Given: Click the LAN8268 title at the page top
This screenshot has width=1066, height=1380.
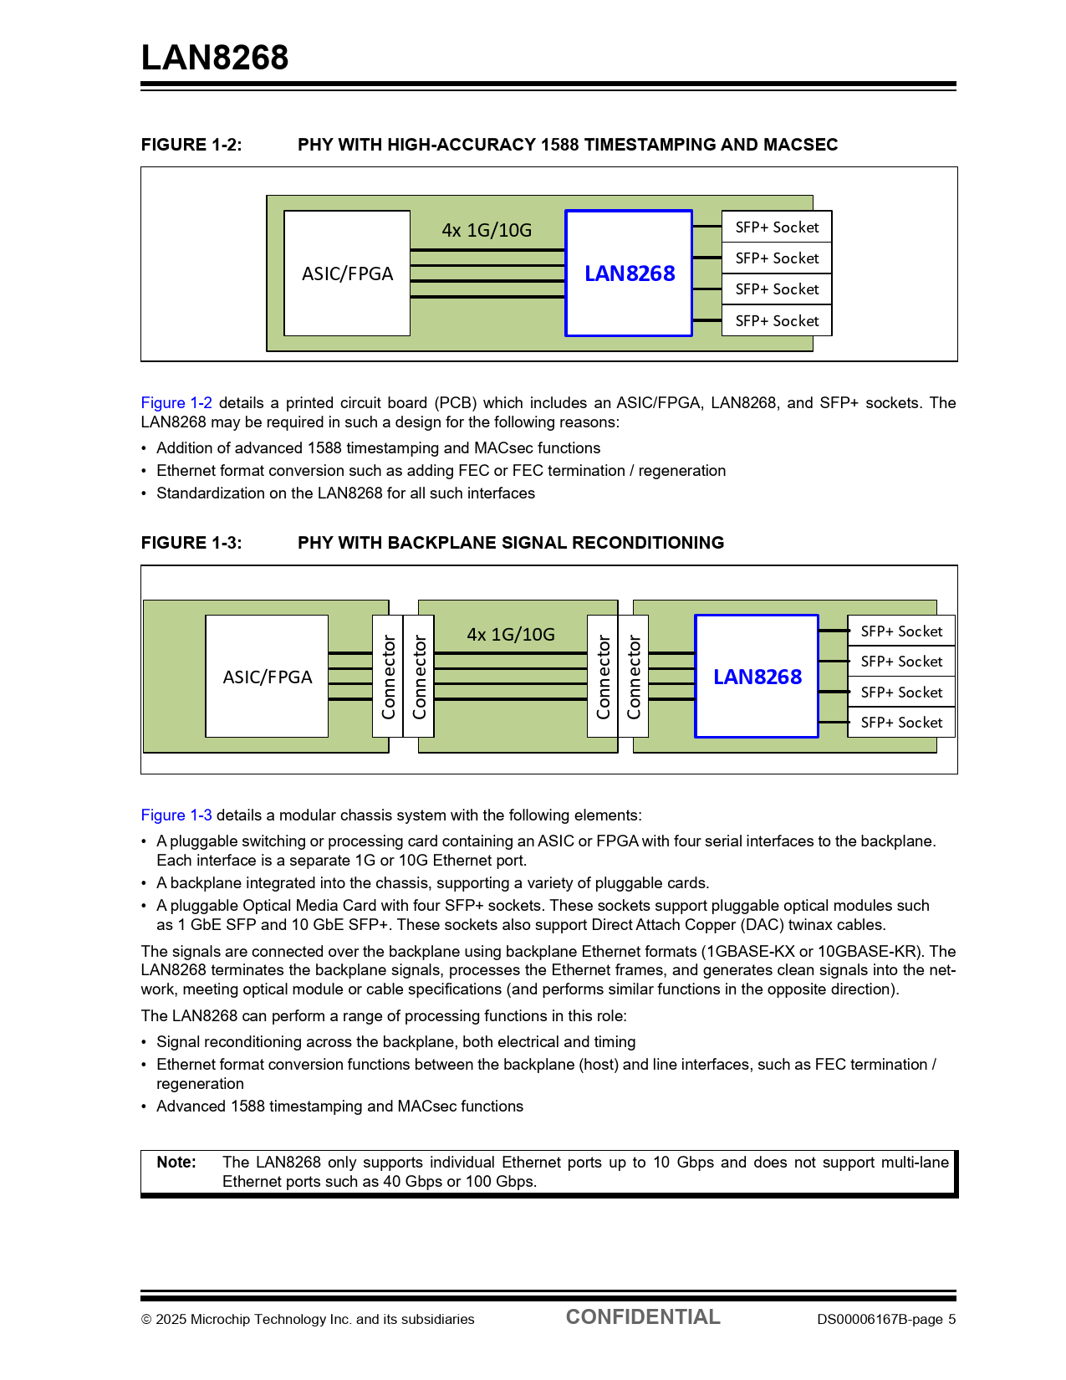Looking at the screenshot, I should (215, 58).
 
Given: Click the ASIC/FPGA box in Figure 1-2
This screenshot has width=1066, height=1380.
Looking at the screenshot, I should (347, 273).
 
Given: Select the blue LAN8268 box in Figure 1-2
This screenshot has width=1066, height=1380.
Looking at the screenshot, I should (629, 273).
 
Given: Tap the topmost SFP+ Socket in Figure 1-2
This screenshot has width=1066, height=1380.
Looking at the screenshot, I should (777, 227).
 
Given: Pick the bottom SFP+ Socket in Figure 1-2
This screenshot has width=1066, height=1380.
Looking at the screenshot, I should (777, 321).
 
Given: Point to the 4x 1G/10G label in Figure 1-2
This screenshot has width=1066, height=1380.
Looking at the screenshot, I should (487, 230).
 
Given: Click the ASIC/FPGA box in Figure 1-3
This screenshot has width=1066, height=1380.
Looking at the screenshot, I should (267, 677).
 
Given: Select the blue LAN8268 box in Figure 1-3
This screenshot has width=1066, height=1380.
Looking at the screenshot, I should (757, 677).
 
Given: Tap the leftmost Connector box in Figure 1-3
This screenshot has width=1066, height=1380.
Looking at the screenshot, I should (388, 677).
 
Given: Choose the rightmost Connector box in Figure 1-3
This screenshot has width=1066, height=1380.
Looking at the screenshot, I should (634, 677).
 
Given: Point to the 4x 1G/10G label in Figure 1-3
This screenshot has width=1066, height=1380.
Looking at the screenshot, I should (511, 634).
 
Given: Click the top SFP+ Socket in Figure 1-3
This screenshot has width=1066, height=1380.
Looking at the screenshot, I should (901, 631).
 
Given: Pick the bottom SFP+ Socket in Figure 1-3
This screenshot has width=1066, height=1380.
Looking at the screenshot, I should (901, 723).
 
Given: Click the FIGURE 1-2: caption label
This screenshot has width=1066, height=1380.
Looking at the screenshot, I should (191, 145).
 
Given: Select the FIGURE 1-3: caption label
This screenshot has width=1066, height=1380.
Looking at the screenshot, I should (191, 543).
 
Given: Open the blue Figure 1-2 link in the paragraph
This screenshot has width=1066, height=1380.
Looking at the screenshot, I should (176, 403).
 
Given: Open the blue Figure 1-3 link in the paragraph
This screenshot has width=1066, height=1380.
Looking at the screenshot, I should (176, 815).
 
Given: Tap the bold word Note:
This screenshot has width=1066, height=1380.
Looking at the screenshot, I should (176, 1163).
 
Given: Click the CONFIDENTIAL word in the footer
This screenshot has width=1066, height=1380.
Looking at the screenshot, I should (643, 1317).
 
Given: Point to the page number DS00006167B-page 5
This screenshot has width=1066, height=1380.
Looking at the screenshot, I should (886, 1320).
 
